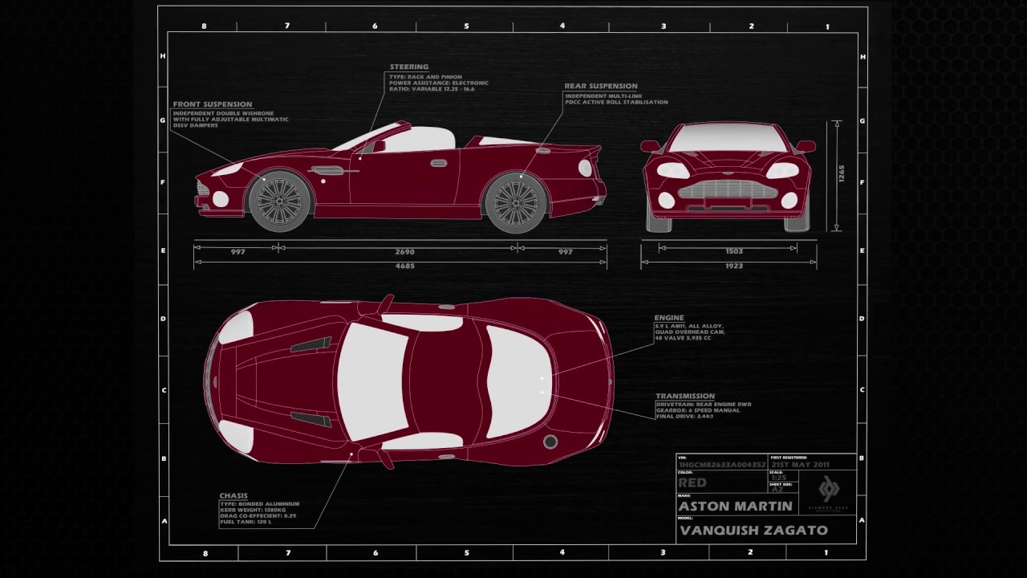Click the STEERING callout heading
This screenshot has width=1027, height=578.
point(409,67)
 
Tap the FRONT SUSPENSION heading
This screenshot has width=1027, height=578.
point(213,104)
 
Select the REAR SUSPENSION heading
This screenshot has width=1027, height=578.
point(601,86)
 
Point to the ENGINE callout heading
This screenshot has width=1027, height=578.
point(669,319)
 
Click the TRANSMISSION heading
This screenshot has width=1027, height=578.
point(685,396)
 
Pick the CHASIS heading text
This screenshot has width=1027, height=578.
point(233,495)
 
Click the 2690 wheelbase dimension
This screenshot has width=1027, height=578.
point(405,252)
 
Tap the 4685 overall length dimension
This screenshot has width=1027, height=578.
point(405,266)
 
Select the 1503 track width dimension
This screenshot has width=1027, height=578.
point(733,251)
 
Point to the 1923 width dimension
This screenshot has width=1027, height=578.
point(733,266)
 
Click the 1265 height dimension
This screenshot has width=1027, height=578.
point(842,174)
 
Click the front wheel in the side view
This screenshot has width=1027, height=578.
point(279,201)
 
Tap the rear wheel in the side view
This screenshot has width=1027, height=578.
point(515,201)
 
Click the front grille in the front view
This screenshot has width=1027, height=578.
point(729,189)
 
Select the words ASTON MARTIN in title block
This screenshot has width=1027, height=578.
point(735,507)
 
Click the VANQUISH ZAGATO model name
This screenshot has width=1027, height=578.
point(753,530)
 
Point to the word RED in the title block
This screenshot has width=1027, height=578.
point(692,483)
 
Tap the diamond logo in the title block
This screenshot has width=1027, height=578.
point(829,487)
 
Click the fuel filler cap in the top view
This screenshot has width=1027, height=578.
point(550,442)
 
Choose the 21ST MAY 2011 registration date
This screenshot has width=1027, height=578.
point(801,465)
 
